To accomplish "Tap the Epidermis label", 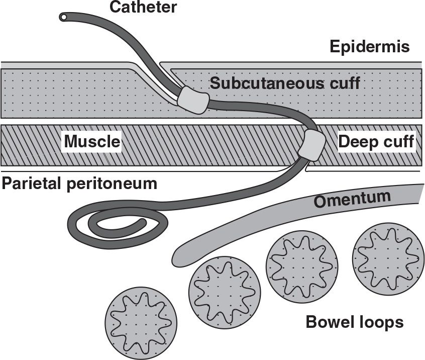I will pos(370,47).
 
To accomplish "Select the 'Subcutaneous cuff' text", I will pos(285,83).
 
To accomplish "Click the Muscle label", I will pos(91,142).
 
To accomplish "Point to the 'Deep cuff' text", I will pos(376,142).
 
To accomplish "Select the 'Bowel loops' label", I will pos(355,322).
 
